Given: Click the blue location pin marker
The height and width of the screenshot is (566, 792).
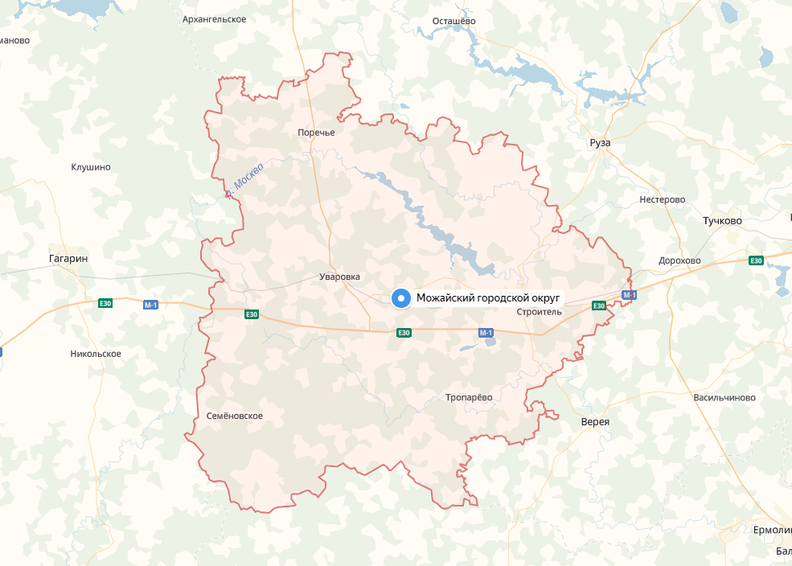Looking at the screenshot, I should [x=400, y=299].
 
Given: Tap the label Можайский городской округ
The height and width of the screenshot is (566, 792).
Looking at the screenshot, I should [x=487, y=299].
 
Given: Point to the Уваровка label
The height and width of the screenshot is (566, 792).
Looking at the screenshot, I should [x=339, y=277].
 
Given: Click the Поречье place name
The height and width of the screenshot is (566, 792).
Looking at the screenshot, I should [x=316, y=133].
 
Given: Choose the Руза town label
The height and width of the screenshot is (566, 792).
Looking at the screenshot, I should [x=600, y=142].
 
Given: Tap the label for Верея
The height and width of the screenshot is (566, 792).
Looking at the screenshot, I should [x=595, y=422].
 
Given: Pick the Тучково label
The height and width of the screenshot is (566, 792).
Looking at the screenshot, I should [x=722, y=220].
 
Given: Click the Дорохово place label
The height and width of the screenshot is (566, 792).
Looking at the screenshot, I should [x=679, y=260].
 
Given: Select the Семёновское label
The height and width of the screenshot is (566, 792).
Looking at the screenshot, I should [x=235, y=416].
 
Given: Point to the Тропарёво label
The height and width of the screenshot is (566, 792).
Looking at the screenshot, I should [x=469, y=397].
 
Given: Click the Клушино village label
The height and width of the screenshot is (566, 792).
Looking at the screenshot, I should [x=91, y=167].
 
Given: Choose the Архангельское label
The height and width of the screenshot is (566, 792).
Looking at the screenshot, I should [x=214, y=18].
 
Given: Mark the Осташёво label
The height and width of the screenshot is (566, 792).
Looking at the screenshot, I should [x=454, y=20].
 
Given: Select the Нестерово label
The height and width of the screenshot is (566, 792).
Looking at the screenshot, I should [x=662, y=199].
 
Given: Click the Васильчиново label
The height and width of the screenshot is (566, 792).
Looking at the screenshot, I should [x=724, y=398].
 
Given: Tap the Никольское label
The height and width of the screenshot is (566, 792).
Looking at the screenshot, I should [x=96, y=354].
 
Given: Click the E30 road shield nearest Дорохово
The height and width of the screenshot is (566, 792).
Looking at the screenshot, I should [x=756, y=260].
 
